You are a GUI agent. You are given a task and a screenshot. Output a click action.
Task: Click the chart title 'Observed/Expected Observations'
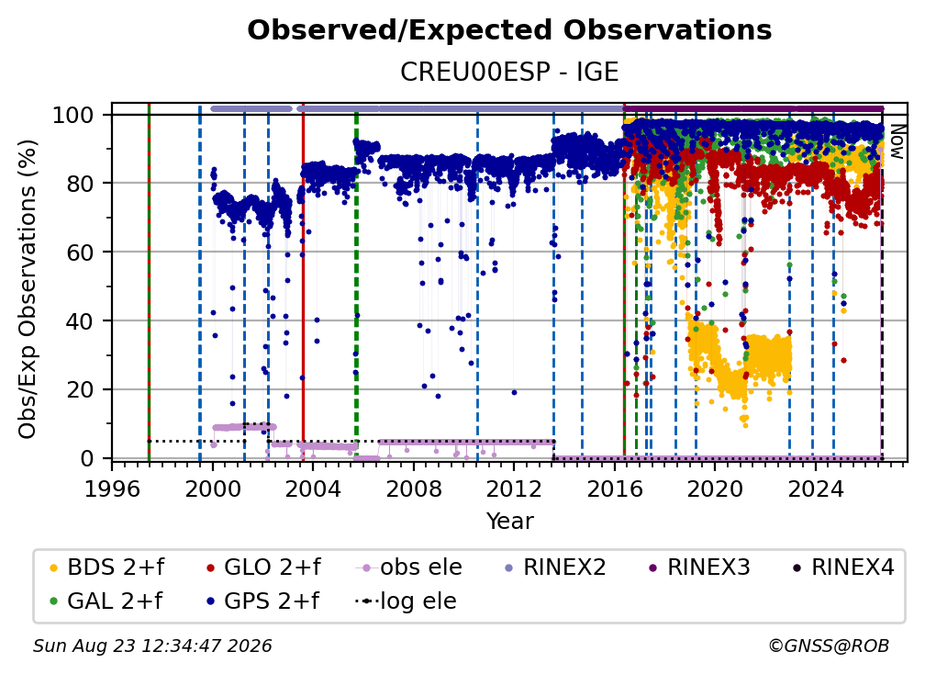coord(509,30)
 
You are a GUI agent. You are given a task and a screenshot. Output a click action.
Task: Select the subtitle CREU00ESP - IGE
coord(509,72)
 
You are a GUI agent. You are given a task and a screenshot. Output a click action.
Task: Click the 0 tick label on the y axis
coord(86,458)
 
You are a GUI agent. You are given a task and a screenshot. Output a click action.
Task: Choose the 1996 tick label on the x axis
coord(112,489)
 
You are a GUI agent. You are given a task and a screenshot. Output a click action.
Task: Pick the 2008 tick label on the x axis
coord(414,489)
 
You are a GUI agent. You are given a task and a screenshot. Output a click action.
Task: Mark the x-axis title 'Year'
coord(509,522)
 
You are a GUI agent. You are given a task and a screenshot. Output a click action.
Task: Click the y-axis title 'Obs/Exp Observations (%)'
coord(28,289)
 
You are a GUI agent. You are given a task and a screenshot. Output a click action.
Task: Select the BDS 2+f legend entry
coord(106,567)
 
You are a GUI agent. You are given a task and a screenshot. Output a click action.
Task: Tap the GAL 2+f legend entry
coord(106,601)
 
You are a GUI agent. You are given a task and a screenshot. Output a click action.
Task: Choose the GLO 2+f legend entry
coord(263,567)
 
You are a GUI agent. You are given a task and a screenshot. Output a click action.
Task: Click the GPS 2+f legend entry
coord(262,601)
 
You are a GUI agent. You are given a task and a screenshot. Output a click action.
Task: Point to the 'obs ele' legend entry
coord(409,567)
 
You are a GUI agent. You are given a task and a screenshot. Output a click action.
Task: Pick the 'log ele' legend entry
coord(406,601)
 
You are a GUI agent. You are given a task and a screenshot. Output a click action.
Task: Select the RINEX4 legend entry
coord(843,567)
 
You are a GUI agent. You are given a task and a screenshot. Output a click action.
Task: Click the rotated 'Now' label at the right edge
coord(897,141)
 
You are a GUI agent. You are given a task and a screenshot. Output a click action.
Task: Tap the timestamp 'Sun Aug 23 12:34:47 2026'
coord(152,646)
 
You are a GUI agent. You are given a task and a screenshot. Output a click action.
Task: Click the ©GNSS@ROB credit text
coord(829,646)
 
